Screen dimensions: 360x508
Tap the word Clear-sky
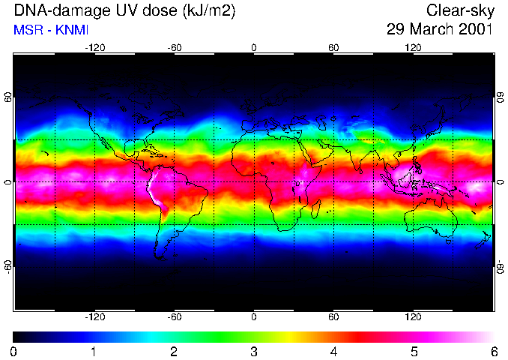459,11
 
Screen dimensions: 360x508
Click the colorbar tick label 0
14,351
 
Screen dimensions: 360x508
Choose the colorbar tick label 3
254,351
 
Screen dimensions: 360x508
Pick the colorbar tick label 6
493,351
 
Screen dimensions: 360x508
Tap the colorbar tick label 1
94,351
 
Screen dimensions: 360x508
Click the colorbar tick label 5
414,351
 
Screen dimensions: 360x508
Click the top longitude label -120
94,48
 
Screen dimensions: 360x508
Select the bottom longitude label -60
174,316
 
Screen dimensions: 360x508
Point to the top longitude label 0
254,48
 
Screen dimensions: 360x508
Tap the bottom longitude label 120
414,316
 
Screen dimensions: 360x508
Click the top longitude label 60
333,48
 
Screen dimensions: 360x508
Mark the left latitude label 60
7,101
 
